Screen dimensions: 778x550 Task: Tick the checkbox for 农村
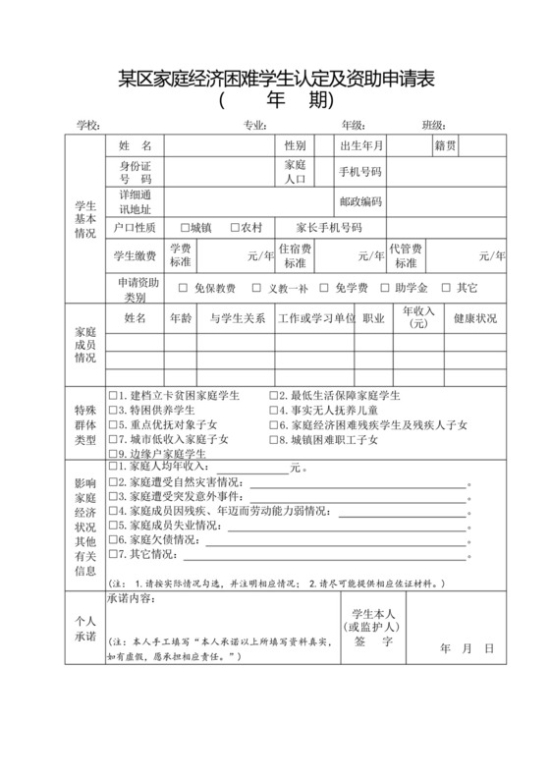(235, 227)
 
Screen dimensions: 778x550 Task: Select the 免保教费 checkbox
(183, 289)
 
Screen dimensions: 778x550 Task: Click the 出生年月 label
(360, 145)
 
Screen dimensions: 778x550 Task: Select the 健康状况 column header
(474, 319)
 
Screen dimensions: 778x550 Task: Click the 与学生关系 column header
(238, 319)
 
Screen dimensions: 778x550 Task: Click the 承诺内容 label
(129, 598)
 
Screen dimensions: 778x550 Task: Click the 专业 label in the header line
(254, 125)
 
